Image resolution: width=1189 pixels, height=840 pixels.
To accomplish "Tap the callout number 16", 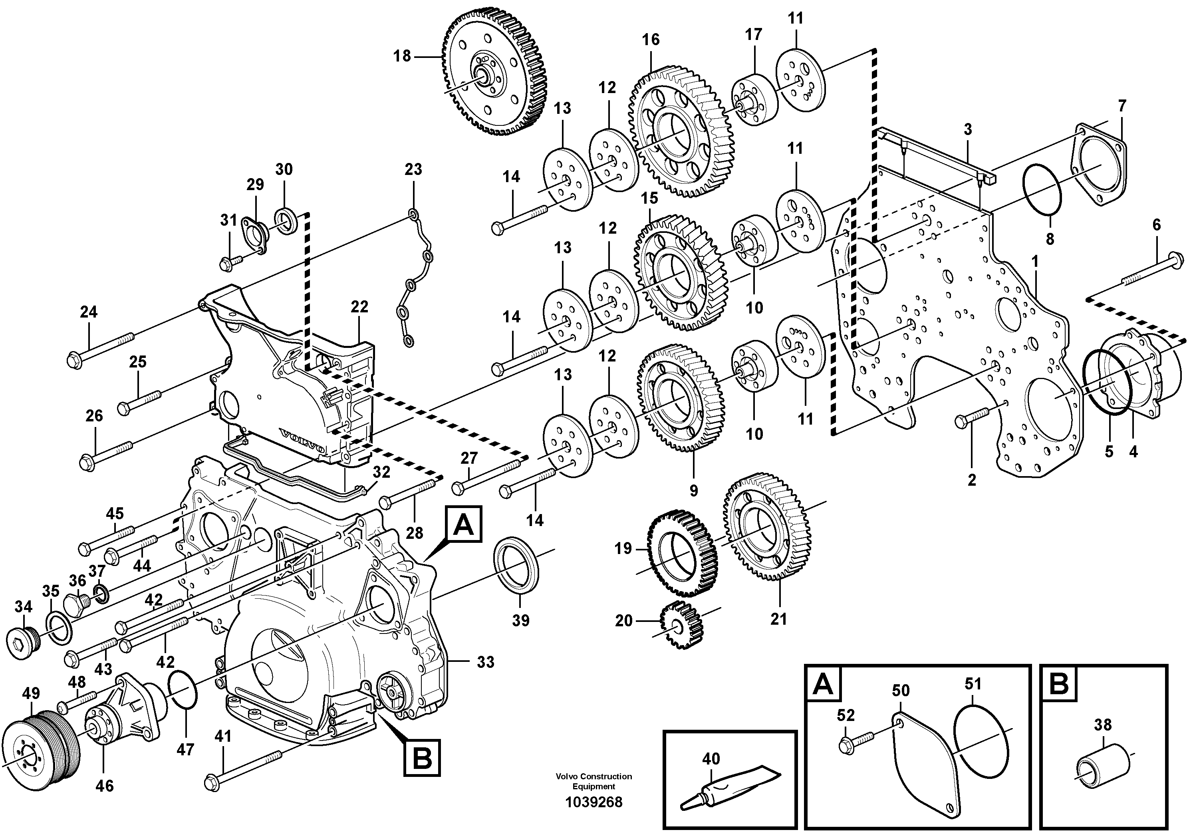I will click(x=651, y=40).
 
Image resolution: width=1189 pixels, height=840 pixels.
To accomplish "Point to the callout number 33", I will click(x=485, y=662).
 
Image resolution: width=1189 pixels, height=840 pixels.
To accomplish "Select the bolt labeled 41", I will click(x=243, y=769).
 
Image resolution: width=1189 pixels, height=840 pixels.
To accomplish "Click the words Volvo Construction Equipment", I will click(x=594, y=781).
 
